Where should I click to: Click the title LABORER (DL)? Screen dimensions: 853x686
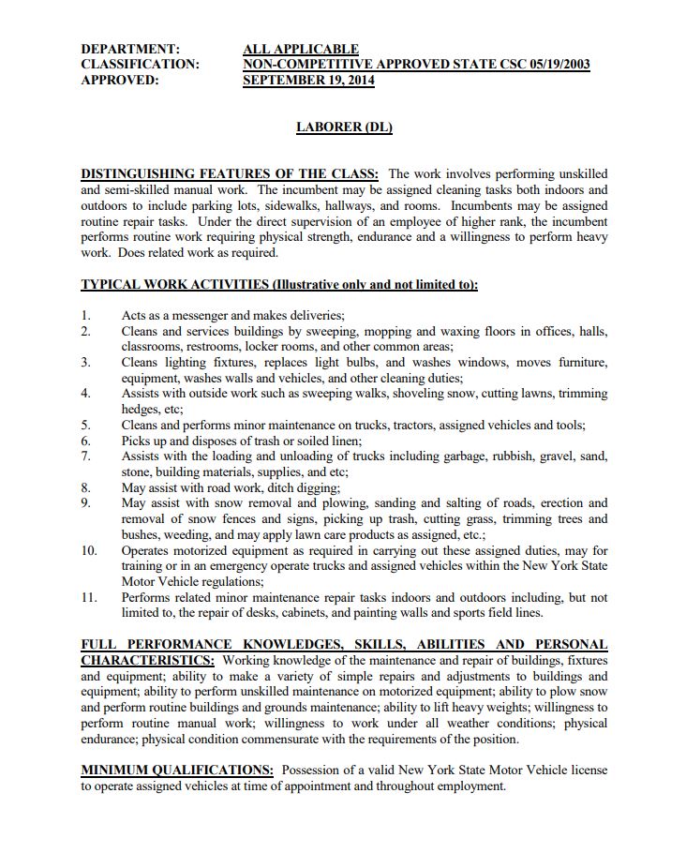tap(343, 127)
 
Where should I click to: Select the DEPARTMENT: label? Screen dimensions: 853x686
tap(130, 49)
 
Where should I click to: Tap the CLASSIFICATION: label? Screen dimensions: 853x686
tap(140, 65)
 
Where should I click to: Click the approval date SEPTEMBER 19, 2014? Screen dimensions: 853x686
tap(308, 81)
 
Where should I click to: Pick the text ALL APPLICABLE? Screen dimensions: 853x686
tap(300, 49)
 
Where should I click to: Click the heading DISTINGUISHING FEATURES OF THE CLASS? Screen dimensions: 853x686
tap(229, 174)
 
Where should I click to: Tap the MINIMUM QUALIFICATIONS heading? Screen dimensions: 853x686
tap(176, 771)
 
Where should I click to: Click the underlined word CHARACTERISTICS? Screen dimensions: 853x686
tap(146, 661)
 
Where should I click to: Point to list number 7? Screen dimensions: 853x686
tap(86, 456)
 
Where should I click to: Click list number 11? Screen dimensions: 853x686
tap(89, 597)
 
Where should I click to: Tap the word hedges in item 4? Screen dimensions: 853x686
tap(141, 410)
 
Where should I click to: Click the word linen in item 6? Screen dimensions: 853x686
tap(343, 441)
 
